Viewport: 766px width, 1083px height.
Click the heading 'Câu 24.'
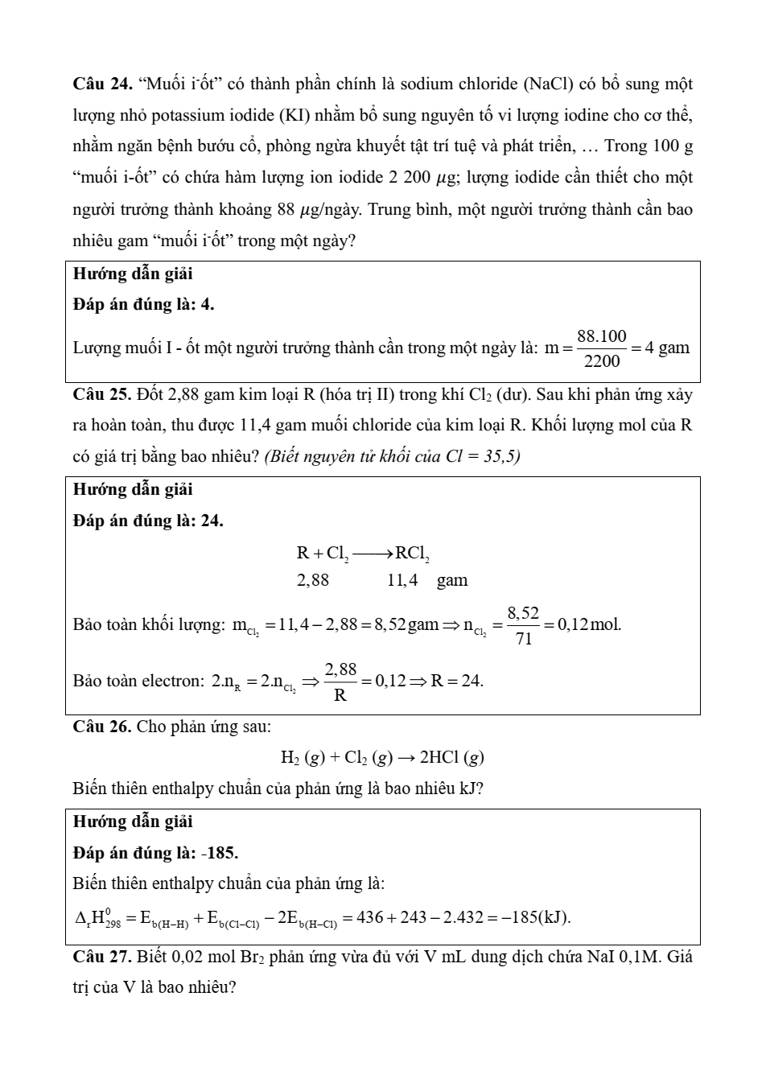pyautogui.click(x=102, y=84)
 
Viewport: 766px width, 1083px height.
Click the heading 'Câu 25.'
pyautogui.click(x=102, y=394)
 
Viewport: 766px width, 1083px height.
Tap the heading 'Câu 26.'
pyautogui.click(x=102, y=727)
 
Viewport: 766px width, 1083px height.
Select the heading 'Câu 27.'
pyautogui.click(x=102, y=957)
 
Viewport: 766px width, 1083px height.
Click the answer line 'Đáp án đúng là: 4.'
pyautogui.click(x=143, y=304)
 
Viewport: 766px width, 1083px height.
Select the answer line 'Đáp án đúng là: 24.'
pyautogui.click(x=148, y=521)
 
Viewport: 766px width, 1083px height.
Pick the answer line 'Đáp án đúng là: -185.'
pyautogui.click(x=155, y=853)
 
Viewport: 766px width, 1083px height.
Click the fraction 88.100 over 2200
pyautogui.click(x=602, y=348)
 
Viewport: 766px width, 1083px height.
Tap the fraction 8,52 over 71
pyautogui.click(x=524, y=625)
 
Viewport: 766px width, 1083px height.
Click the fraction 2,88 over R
pyautogui.click(x=340, y=682)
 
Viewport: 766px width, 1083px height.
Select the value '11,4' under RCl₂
pyautogui.click(x=402, y=580)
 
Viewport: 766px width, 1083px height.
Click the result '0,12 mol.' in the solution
pyautogui.click(x=589, y=624)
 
